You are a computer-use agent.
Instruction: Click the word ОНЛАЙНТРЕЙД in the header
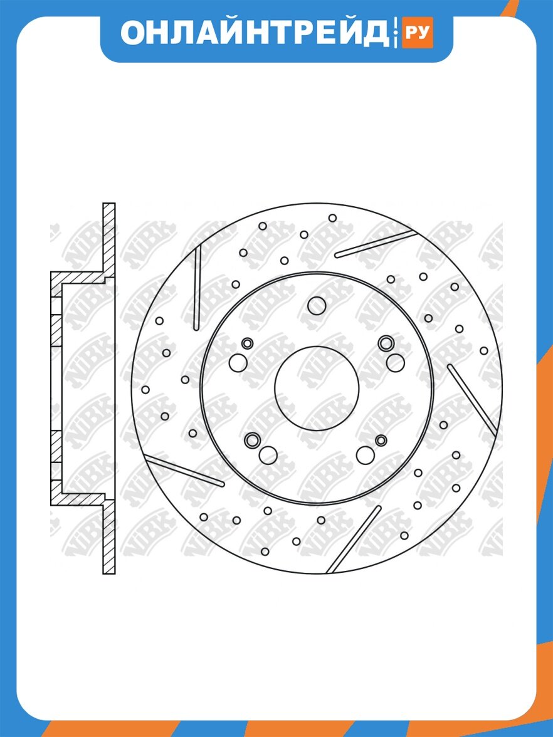tap(255, 33)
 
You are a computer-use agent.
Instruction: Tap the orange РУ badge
tap(417, 33)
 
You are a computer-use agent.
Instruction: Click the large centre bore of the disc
tap(317, 389)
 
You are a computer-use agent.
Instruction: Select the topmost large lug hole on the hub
tap(317, 306)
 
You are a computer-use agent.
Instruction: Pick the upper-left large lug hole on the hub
tap(238, 362)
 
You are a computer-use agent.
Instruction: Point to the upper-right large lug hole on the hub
tap(395, 362)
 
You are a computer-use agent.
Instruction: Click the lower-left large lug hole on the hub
tap(268, 455)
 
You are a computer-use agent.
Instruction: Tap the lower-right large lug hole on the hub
tap(366, 455)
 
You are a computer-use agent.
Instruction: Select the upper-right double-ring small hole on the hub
tap(386, 343)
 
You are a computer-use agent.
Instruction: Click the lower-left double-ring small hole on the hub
tap(252, 441)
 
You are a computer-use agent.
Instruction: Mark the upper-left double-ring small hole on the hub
tap(247, 343)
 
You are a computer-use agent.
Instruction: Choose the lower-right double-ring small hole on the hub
tap(381, 441)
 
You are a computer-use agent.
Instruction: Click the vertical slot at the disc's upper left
tap(197, 288)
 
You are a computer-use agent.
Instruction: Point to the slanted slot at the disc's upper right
tap(375, 244)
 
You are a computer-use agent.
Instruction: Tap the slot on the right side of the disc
tap(471, 400)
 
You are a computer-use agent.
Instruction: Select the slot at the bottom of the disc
tap(354, 540)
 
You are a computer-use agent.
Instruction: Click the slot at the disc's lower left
tap(185, 470)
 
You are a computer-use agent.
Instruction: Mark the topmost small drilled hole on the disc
tap(332, 218)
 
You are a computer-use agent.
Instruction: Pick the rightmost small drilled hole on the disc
tap(484, 351)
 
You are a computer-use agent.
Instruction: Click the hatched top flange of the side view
tap(109, 239)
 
